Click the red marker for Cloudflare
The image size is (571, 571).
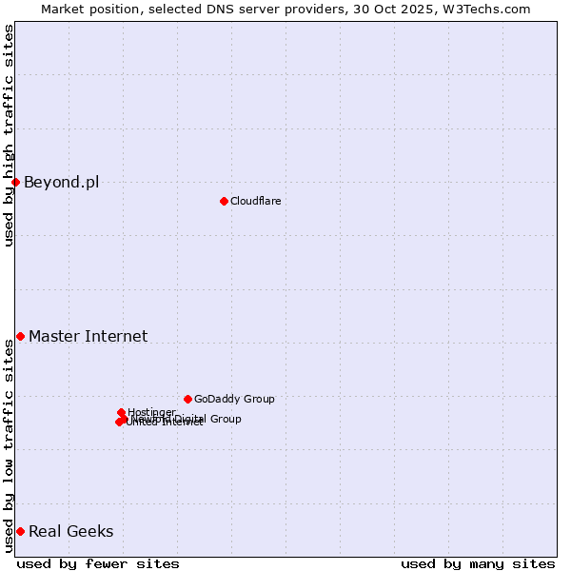[x=224, y=201]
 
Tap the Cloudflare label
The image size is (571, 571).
[x=255, y=201]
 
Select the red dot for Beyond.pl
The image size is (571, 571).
[x=16, y=182]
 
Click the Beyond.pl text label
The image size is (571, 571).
[x=61, y=183]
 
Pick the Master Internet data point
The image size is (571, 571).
[x=20, y=336]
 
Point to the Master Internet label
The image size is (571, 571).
[x=88, y=336]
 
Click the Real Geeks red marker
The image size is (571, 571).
[x=20, y=531]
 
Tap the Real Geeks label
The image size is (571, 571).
[x=70, y=532]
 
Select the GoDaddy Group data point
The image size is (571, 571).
[x=187, y=399]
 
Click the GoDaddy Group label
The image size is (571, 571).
[x=233, y=400]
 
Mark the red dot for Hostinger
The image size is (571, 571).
[x=121, y=412]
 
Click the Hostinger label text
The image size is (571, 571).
[x=151, y=412]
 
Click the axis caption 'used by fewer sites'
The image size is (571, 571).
[x=98, y=563]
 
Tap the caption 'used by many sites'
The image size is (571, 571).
[x=478, y=563]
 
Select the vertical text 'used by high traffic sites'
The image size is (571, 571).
[x=10, y=135]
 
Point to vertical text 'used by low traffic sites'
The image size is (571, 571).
[x=10, y=445]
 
